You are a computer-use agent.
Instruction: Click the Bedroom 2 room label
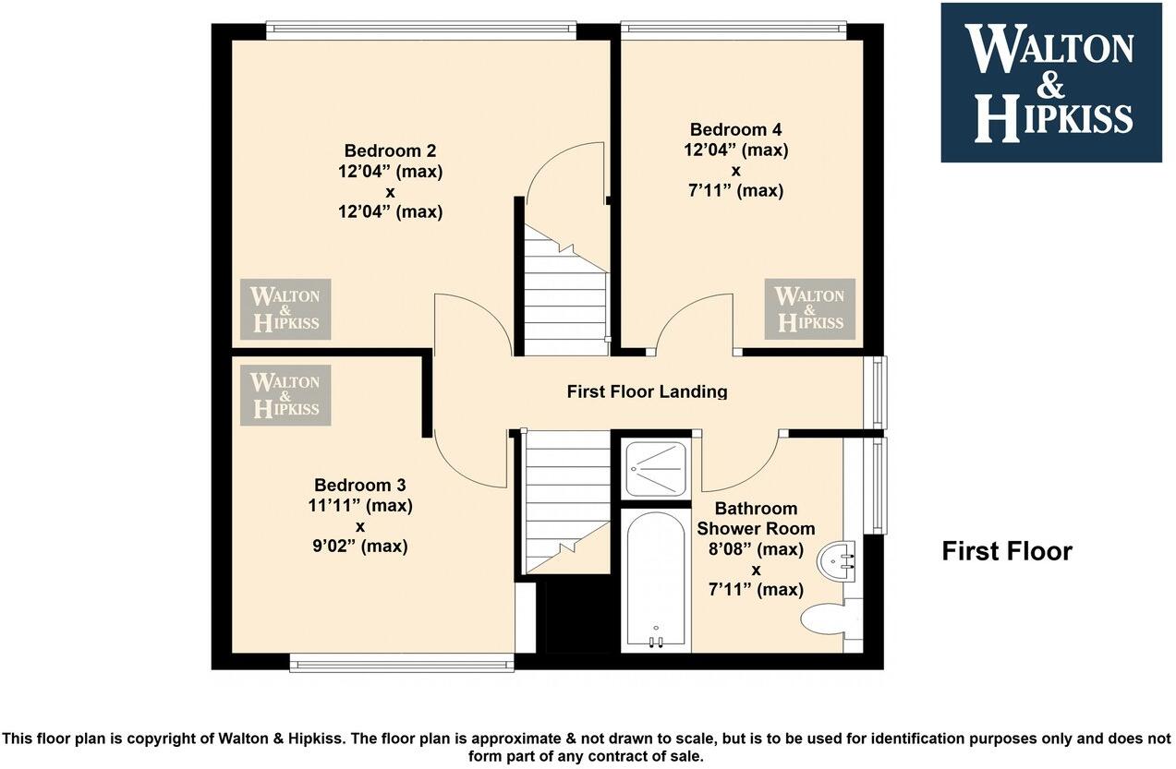pyautogui.click(x=390, y=150)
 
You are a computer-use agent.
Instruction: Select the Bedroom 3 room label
pyautogui.click(x=359, y=485)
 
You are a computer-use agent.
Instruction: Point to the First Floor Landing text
pyautogui.click(x=647, y=391)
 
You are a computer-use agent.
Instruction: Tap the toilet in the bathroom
pyautogui.click(x=825, y=619)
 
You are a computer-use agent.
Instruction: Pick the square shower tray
pyautogui.click(x=656, y=469)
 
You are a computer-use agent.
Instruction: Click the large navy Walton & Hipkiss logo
pyautogui.click(x=1050, y=82)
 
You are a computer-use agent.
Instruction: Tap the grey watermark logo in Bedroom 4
pyautogui.click(x=809, y=308)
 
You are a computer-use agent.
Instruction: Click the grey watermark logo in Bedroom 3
pyautogui.click(x=285, y=394)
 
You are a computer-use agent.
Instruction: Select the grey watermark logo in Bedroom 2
pyautogui.click(x=285, y=308)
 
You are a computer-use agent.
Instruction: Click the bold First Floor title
pyautogui.click(x=1006, y=551)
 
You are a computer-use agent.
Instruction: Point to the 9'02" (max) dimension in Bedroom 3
pyautogui.click(x=360, y=547)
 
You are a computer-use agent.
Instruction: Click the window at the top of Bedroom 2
pyautogui.click(x=420, y=30)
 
